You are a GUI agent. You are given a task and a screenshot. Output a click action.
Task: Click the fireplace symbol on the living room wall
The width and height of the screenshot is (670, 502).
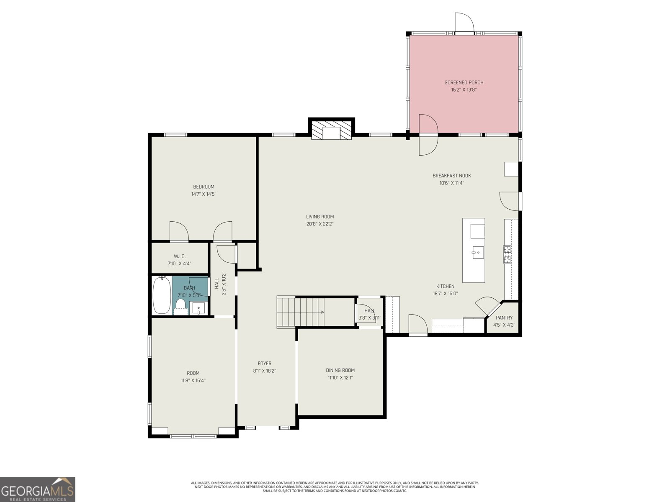coord(332,131)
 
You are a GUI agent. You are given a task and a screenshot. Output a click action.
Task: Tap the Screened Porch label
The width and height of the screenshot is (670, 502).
coord(464,82)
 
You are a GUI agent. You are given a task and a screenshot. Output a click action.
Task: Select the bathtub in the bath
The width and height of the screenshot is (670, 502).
coord(162,295)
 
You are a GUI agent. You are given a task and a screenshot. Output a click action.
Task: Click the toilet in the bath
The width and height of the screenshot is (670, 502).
coord(181,304)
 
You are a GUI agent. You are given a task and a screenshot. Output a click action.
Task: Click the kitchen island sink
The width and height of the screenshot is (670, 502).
coord(477,252)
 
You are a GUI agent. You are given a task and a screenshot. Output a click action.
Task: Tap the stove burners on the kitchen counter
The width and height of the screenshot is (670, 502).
coord(508,254)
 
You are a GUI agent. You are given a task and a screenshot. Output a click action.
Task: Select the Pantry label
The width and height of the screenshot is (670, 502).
coord(504,318)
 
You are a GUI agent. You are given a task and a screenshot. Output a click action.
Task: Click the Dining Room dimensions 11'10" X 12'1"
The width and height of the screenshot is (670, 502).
coord(340,377)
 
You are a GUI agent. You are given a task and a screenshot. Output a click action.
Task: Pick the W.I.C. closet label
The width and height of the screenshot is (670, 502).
coord(180,256)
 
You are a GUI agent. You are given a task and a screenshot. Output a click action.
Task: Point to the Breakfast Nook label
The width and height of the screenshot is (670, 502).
coord(451,176)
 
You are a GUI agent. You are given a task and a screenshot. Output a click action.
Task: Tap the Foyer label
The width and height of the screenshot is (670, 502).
coord(264,364)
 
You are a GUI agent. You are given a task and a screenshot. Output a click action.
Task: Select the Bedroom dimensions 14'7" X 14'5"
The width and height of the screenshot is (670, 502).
coord(204,194)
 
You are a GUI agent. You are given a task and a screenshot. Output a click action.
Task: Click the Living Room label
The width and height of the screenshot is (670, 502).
coord(320,217)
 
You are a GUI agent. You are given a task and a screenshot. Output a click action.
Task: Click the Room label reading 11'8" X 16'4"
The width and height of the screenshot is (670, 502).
coord(193,373)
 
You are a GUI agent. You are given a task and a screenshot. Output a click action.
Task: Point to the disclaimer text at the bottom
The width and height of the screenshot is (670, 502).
coord(335,487)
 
